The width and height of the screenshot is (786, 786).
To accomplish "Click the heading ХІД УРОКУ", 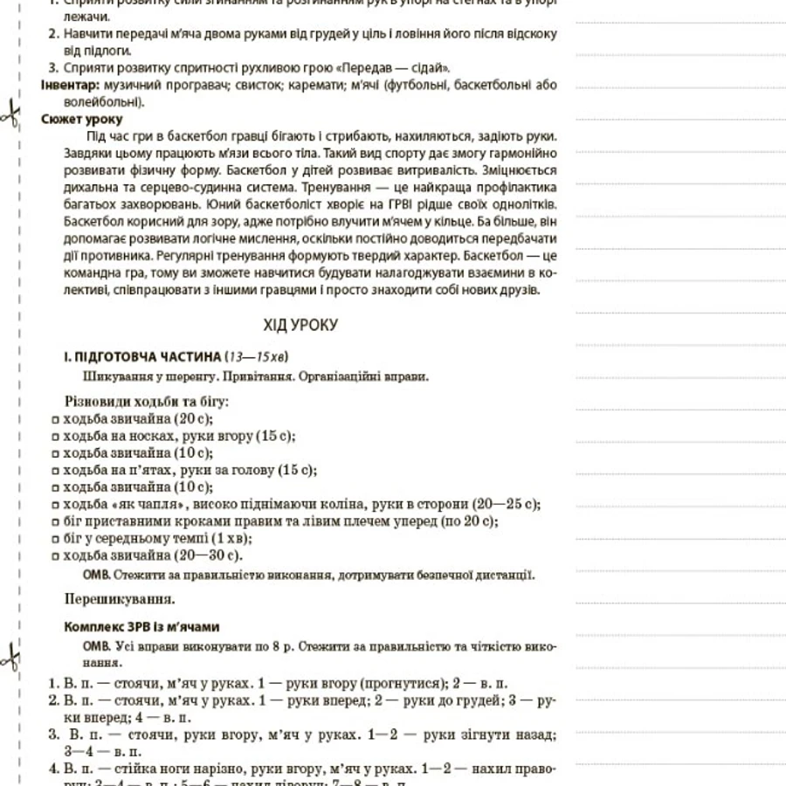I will [x=300, y=325].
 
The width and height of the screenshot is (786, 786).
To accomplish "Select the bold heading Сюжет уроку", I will [x=82, y=119].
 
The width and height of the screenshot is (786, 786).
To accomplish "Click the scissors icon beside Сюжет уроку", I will [x=11, y=114].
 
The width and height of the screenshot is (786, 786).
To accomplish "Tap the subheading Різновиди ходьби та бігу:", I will [x=147, y=402].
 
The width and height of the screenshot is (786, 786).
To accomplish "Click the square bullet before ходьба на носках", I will [x=56, y=436].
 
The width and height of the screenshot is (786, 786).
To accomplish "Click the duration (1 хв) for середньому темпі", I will [x=231, y=538].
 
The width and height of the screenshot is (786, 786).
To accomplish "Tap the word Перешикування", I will [x=119, y=599].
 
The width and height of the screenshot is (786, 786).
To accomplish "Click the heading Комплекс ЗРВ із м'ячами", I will [x=142, y=627].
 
